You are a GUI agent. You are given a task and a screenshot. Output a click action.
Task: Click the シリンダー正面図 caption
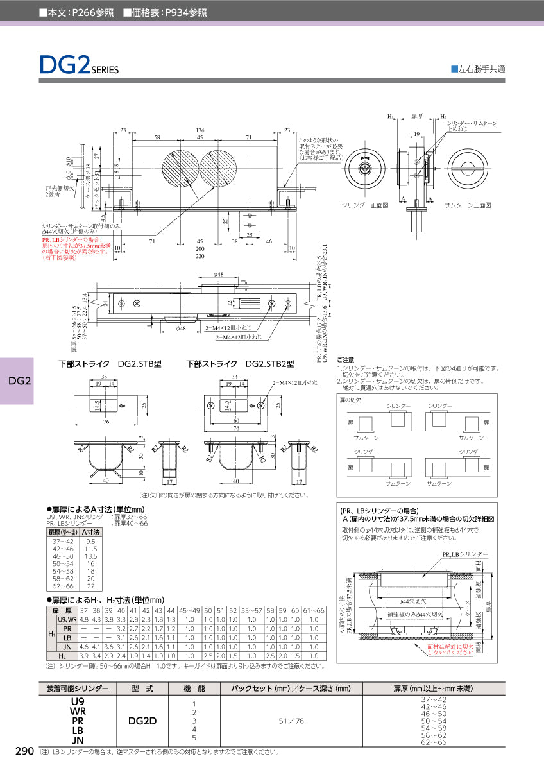point(365,205)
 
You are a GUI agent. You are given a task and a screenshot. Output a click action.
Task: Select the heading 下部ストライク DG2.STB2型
point(240,364)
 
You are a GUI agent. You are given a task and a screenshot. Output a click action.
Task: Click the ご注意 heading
point(346,360)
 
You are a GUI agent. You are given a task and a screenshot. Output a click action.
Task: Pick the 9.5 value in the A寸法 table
point(91,542)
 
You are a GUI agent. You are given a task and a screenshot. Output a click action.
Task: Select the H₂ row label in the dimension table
point(62,656)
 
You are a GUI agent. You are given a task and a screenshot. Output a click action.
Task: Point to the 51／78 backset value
point(291,720)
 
